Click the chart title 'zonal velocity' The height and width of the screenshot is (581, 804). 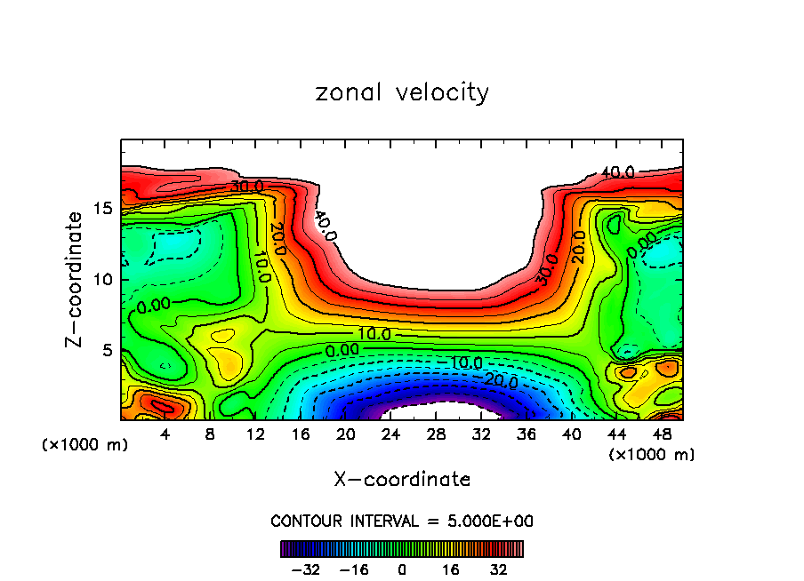(x=402, y=92)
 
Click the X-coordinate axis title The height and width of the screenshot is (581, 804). (x=402, y=480)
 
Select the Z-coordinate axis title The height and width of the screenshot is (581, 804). (x=76, y=279)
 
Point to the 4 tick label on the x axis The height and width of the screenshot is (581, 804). (x=165, y=435)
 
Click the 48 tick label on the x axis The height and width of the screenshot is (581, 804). (x=661, y=435)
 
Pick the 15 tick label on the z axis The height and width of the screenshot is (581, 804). (x=102, y=208)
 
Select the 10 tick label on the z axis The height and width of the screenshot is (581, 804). (x=102, y=279)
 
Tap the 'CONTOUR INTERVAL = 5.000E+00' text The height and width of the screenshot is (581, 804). (x=402, y=521)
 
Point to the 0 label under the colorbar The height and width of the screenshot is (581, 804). (x=402, y=569)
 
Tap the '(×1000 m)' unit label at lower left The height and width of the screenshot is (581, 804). (x=85, y=444)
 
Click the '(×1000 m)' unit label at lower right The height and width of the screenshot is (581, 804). (x=652, y=454)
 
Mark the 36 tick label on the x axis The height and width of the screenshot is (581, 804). (x=526, y=435)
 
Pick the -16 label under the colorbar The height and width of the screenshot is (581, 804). (x=353, y=569)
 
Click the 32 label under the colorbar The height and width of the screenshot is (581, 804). (x=497, y=569)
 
